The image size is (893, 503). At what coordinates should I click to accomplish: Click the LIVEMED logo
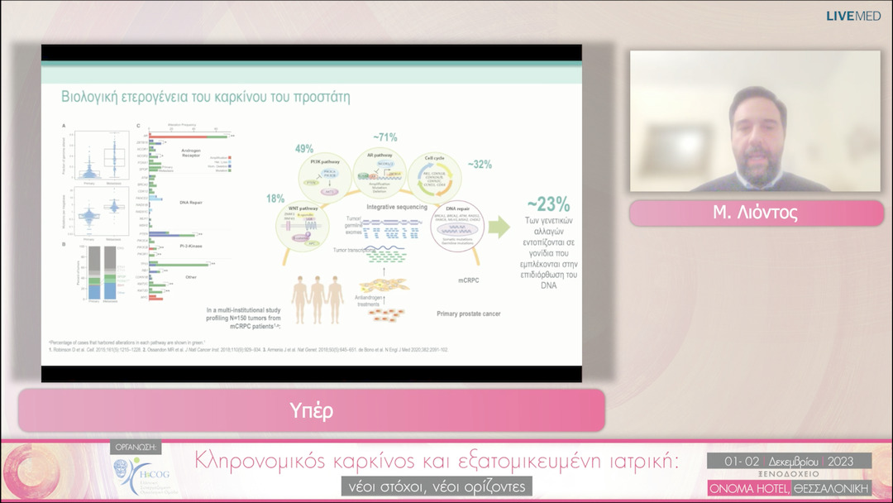[x=854, y=16]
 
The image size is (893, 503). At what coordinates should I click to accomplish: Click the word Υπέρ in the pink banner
[x=312, y=410]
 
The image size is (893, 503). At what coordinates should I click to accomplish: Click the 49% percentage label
[x=303, y=149]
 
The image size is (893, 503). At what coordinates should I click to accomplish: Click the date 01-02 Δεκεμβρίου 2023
[x=789, y=460]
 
